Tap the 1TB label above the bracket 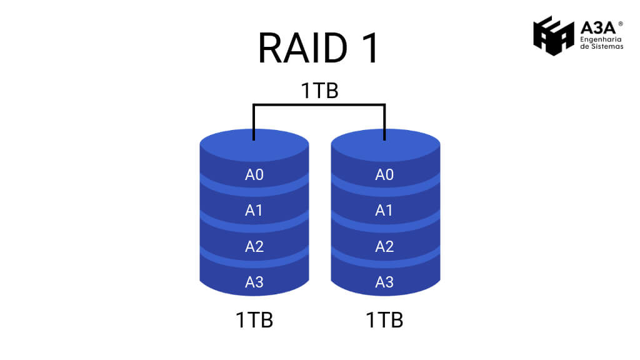click(319, 91)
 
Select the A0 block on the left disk click(254, 175)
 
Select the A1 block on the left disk click(254, 211)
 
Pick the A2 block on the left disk click(254, 246)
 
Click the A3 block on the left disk click(254, 282)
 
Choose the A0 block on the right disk click(384, 175)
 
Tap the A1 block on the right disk click(384, 211)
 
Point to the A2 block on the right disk click(384, 246)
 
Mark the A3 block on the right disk click(384, 282)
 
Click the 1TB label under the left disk click(254, 320)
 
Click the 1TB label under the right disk click(384, 320)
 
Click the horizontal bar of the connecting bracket click(319, 105)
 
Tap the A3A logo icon click(553, 36)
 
